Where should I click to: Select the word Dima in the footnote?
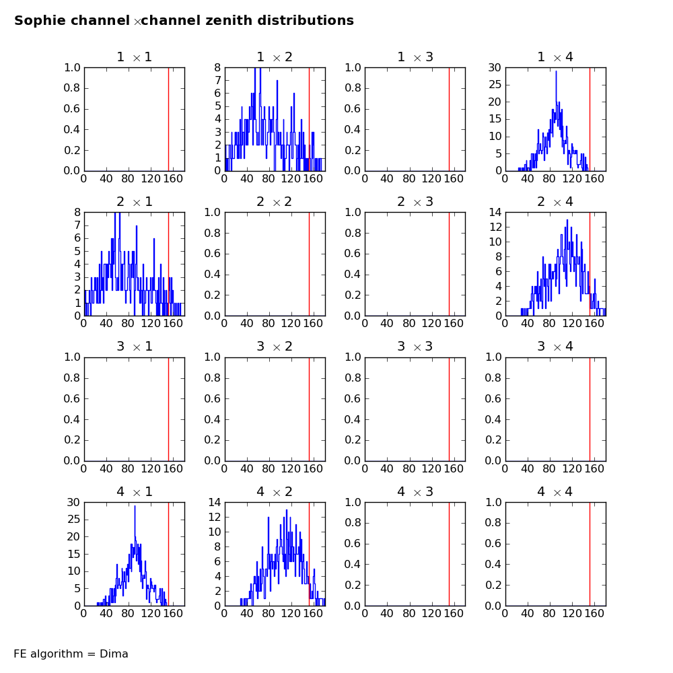pos(114,653)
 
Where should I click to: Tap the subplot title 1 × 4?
pos(555,57)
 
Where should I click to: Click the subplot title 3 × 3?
pos(415,347)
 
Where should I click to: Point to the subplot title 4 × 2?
pos(275,491)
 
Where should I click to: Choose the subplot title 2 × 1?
pos(135,202)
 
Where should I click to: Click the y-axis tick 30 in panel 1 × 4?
pos(495,67)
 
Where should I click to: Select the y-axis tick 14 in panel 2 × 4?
pos(495,212)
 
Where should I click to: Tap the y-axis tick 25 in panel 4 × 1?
pos(73,520)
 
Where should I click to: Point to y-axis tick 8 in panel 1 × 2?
pos(217,67)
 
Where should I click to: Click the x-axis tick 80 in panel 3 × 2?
pos(269,468)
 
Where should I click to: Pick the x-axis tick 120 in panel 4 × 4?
pos(571,614)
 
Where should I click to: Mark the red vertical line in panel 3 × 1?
pos(169,409)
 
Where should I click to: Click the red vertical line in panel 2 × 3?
pos(450,264)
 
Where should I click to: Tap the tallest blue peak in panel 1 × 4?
pos(557,72)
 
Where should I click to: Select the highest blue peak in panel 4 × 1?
pos(135,507)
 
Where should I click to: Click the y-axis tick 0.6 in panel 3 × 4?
pos(493,398)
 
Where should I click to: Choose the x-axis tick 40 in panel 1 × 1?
pos(106,179)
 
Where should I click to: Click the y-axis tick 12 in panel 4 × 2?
pos(214,517)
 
